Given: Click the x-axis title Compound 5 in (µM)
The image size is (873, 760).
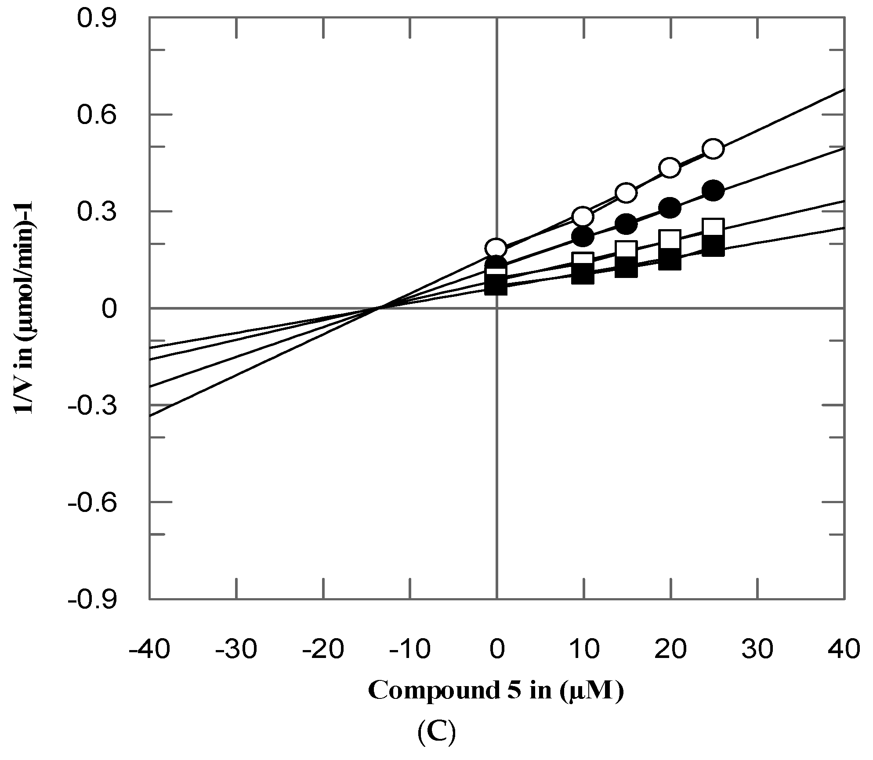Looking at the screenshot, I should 496,691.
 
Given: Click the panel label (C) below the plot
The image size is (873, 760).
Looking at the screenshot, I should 436,733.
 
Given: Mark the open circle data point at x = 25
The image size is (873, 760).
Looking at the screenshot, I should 713,149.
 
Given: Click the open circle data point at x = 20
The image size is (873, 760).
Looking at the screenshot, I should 670,168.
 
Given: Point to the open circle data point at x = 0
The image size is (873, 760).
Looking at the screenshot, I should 496,248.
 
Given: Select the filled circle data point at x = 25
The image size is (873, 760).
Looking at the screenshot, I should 713,190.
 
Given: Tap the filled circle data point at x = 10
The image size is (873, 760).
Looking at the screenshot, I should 583,237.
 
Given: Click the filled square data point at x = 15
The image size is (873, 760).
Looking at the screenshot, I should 626,267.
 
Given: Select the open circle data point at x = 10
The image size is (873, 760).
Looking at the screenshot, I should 583,216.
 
